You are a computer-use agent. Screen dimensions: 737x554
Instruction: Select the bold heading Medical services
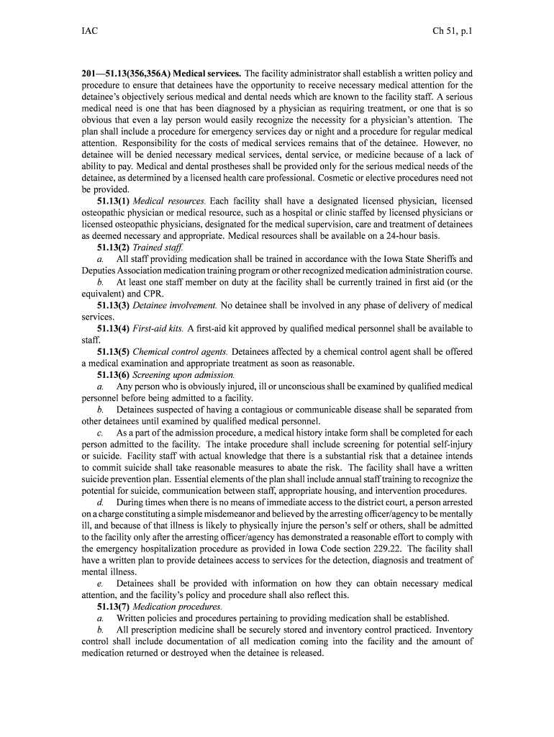[x=207, y=73]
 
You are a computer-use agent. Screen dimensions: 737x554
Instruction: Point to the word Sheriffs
[x=436, y=259]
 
